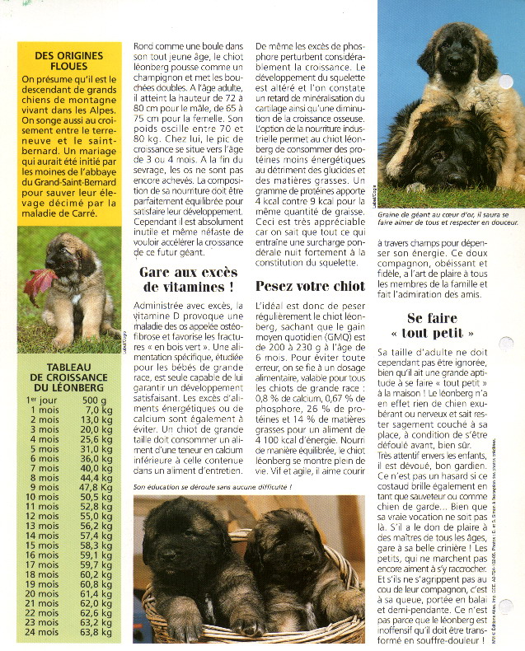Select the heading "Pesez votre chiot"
[x=310, y=287]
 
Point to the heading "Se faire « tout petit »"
[x=440, y=325]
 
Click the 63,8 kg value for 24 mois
[x=96, y=633]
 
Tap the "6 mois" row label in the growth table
[x=43, y=458]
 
